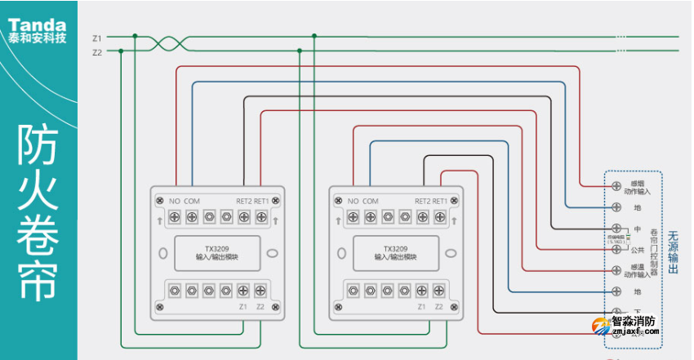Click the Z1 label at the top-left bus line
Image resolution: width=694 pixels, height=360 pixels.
[97, 38]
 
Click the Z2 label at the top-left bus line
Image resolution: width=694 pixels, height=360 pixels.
[97, 52]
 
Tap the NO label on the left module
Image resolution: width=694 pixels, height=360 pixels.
[174, 201]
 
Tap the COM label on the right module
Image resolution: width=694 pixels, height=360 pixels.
[370, 201]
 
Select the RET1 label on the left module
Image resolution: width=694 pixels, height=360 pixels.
[261, 201]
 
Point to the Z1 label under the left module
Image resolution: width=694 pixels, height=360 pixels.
[242, 307]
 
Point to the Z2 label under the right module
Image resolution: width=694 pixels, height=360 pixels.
[439, 307]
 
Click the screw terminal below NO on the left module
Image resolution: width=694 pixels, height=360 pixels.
[174, 217]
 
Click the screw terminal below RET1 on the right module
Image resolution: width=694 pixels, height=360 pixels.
[440, 217]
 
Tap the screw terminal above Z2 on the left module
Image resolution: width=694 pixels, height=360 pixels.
[260, 290]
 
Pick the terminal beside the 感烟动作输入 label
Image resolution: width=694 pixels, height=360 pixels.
[616, 186]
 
